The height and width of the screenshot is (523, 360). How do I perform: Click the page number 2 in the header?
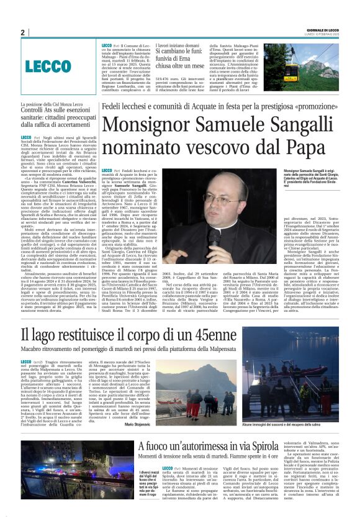22,32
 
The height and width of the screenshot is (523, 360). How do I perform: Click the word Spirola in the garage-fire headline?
279,463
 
